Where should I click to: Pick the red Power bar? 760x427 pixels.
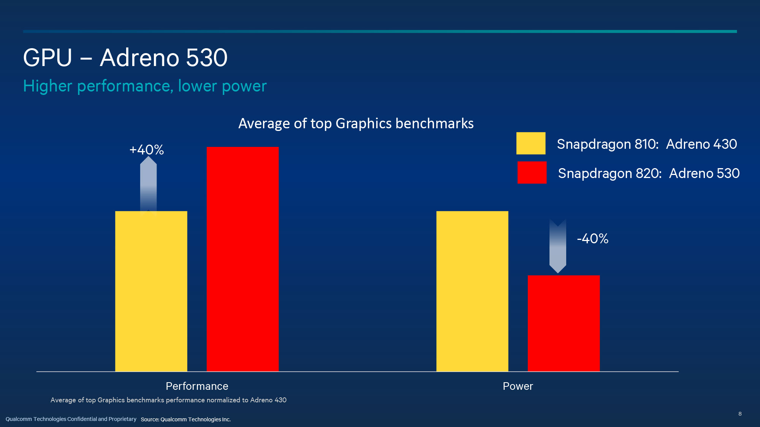click(x=564, y=323)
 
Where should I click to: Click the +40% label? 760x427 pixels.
click(x=147, y=150)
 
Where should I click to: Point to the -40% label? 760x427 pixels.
click(x=592, y=239)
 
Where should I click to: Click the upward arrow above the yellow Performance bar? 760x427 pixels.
click(x=148, y=184)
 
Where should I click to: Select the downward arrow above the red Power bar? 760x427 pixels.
click(x=557, y=246)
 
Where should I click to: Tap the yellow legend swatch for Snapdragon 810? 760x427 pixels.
click(x=530, y=143)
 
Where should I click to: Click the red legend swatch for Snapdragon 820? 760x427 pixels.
click(x=532, y=172)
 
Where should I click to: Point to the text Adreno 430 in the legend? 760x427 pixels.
click(x=701, y=144)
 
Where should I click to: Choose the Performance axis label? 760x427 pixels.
click(x=197, y=386)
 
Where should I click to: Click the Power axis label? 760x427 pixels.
click(x=518, y=386)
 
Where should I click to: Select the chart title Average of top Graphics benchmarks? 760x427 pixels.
click(x=356, y=124)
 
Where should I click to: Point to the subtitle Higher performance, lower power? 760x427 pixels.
click(x=145, y=86)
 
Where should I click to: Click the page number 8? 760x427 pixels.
click(x=739, y=414)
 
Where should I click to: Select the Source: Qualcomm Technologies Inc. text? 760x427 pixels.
click(x=185, y=419)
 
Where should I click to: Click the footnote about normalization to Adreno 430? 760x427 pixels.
click(x=168, y=400)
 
